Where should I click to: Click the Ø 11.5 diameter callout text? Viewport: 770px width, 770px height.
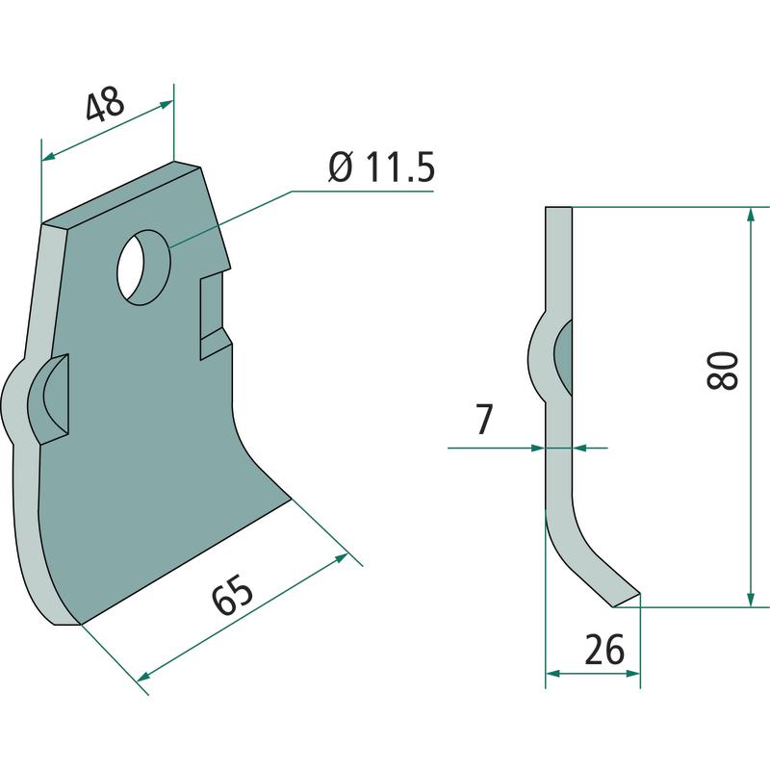381,167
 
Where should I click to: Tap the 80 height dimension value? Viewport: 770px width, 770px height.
723,370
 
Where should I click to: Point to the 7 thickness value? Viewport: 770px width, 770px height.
483,421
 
